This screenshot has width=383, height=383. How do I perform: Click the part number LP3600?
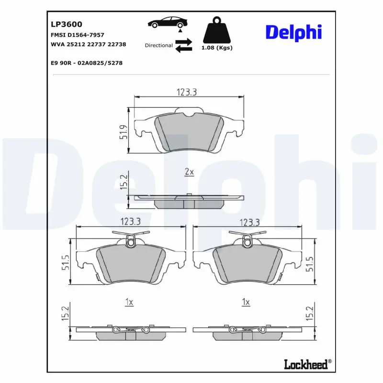pyautogui.click(x=66, y=24)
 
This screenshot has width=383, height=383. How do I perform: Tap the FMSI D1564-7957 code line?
pyautogui.click(x=77, y=35)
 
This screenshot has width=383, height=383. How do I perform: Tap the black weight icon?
pyautogui.click(x=217, y=31)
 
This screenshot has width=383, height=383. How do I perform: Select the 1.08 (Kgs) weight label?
pyautogui.click(x=217, y=48)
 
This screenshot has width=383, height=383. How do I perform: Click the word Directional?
pyautogui.click(x=158, y=45)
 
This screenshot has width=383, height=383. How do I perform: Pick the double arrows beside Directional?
pyautogui.click(x=184, y=45)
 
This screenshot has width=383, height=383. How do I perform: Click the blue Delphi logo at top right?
pyautogui.click(x=293, y=33)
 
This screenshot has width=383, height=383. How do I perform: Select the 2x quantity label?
pyautogui.click(x=189, y=171)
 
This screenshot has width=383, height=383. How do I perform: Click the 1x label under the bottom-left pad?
pyautogui.click(x=128, y=302)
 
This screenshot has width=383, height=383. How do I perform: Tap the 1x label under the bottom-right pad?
pyautogui.click(x=246, y=302)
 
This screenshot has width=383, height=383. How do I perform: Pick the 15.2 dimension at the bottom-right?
pyautogui.click(x=310, y=314)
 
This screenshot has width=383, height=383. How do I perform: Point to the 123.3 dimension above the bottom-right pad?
pyautogui.click(x=249, y=222)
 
